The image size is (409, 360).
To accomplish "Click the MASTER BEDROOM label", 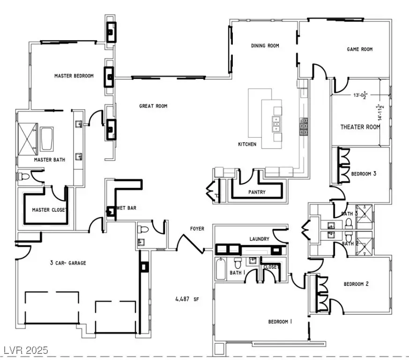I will (x=74, y=75).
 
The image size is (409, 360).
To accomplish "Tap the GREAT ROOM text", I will (x=153, y=106).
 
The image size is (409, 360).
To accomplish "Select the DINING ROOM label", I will (x=265, y=46).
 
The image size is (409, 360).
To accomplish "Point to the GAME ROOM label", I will (x=360, y=49).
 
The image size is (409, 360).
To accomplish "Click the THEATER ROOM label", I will (x=360, y=127).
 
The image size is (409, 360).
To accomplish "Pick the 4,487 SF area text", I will (x=187, y=299).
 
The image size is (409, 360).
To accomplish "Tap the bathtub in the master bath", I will (x=47, y=139).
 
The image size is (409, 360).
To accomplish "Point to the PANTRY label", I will (x=257, y=192).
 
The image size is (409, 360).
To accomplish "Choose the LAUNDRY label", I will (x=260, y=239).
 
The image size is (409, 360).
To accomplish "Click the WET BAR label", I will (x=126, y=208).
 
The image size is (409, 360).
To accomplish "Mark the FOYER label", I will (x=197, y=229).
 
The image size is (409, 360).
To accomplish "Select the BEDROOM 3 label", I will (x=364, y=173).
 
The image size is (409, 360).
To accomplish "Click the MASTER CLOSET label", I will (x=49, y=210).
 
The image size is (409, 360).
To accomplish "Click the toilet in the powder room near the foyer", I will (x=144, y=229).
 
